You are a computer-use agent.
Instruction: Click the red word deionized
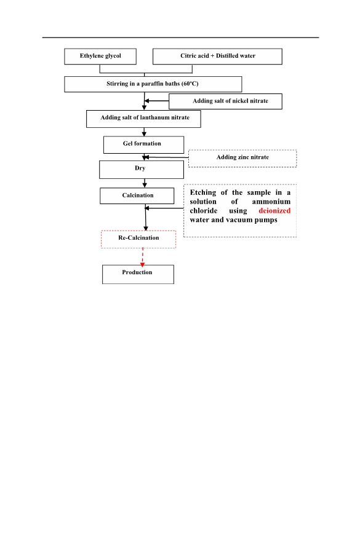274,211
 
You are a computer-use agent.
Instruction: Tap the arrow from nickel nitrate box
157,101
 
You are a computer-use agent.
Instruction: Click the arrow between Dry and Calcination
145,183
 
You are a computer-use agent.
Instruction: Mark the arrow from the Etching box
164,208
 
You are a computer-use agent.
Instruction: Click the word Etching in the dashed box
203,193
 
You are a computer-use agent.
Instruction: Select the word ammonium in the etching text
271,202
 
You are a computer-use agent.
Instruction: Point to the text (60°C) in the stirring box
190,84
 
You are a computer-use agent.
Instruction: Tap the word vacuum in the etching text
241,220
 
